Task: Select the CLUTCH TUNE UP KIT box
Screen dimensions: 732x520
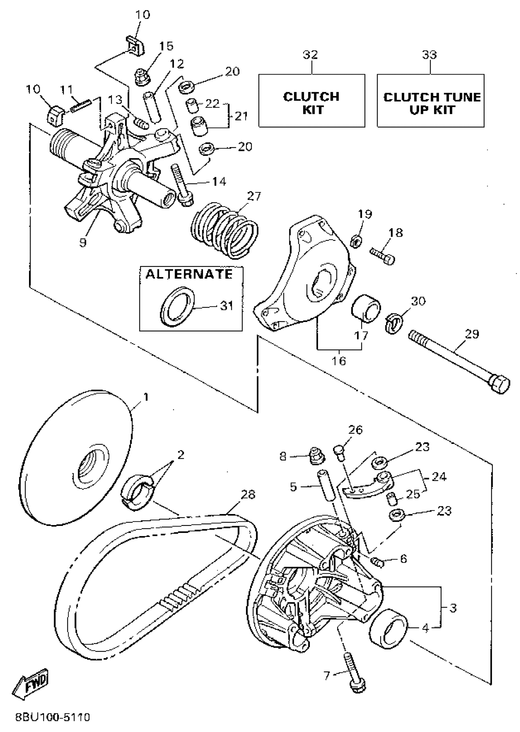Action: (x=430, y=101)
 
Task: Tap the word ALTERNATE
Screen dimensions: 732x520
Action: (x=189, y=274)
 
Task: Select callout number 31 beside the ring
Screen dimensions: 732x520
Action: (x=227, y=306)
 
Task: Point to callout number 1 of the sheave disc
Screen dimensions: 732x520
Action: (x=146, y=397)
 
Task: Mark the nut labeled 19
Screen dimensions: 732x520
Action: (x=356, y=241)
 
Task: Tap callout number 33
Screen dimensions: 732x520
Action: (x=429, y=55)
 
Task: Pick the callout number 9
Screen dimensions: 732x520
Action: (x=83, y=242)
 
